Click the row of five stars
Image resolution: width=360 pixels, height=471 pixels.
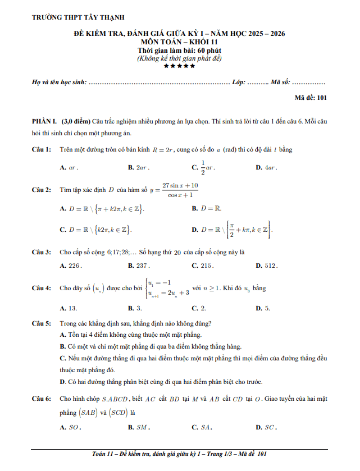(x=179, y=66)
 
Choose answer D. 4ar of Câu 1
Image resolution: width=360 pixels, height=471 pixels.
(x=267, y=167)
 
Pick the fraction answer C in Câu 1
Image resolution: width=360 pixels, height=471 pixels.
(x=204, y=167)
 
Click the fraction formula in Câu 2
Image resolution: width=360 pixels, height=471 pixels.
(x=180, y=190)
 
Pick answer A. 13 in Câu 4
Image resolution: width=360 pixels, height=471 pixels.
(x=69, y=308)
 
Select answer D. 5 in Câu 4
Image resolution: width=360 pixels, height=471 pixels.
(x=263, y=308)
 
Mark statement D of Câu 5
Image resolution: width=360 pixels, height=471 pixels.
(x=162, y=382)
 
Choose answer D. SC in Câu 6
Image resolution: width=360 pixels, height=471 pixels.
(x=266, y=427)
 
